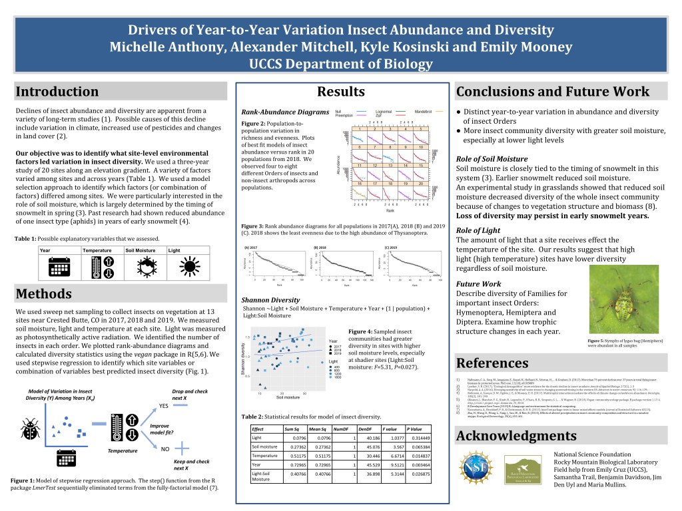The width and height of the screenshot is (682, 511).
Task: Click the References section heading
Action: [493, 363]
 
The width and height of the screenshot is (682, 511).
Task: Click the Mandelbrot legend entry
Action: [424, 110]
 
